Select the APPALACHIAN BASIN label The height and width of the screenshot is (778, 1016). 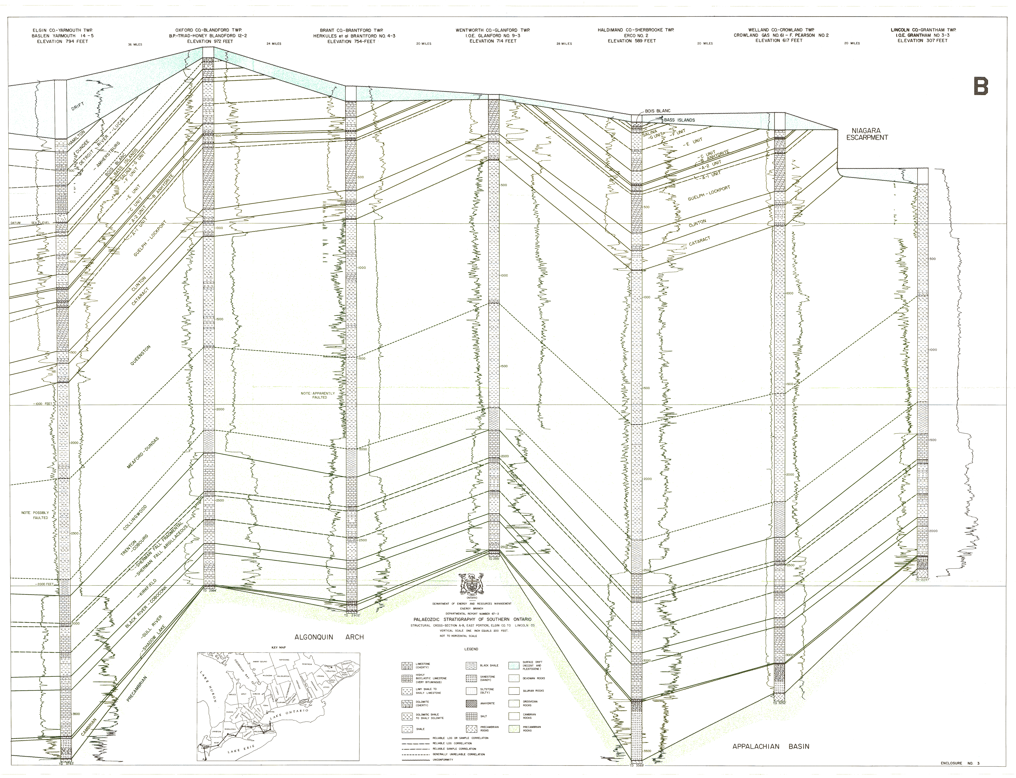tap(771, 747)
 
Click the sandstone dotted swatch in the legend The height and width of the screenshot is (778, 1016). tap(471, 678)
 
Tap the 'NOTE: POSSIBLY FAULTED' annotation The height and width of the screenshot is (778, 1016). tap(35, 515)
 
